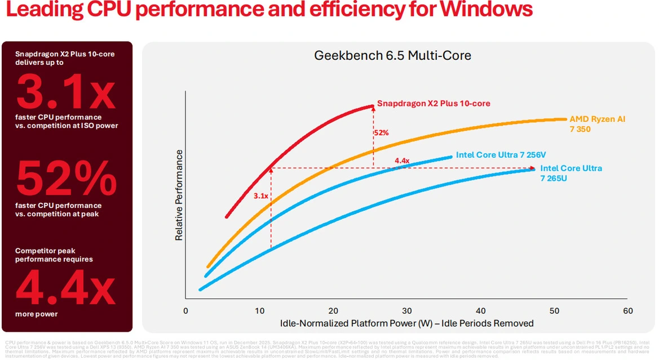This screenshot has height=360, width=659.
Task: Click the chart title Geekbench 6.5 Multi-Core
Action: coord(392,56)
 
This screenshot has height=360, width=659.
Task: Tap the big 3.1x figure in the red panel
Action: coord(67,92)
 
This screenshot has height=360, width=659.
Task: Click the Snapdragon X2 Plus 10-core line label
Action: coord(434,104)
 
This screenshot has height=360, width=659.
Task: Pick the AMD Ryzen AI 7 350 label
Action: coord(598,123)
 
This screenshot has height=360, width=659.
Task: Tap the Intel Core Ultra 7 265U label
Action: coord(571,173)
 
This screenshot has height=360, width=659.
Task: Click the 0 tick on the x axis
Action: coord(185,311)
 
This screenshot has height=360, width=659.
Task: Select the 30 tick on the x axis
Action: coord(406,311)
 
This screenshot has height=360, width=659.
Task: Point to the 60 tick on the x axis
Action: coord(627,311)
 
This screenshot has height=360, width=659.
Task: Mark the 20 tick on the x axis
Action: coord(333,311)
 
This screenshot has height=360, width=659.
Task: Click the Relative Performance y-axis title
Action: coord(179,195)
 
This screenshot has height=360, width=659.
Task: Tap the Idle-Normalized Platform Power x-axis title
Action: coord(406,323)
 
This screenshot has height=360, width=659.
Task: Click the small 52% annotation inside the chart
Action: coord(381,133)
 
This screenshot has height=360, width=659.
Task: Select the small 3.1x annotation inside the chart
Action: coord(260,196)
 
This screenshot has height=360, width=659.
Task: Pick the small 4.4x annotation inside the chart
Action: coord(402,161)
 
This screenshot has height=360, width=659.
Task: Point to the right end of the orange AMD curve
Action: coord(565,119)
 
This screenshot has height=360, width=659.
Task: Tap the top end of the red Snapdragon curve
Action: coord(373,105)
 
